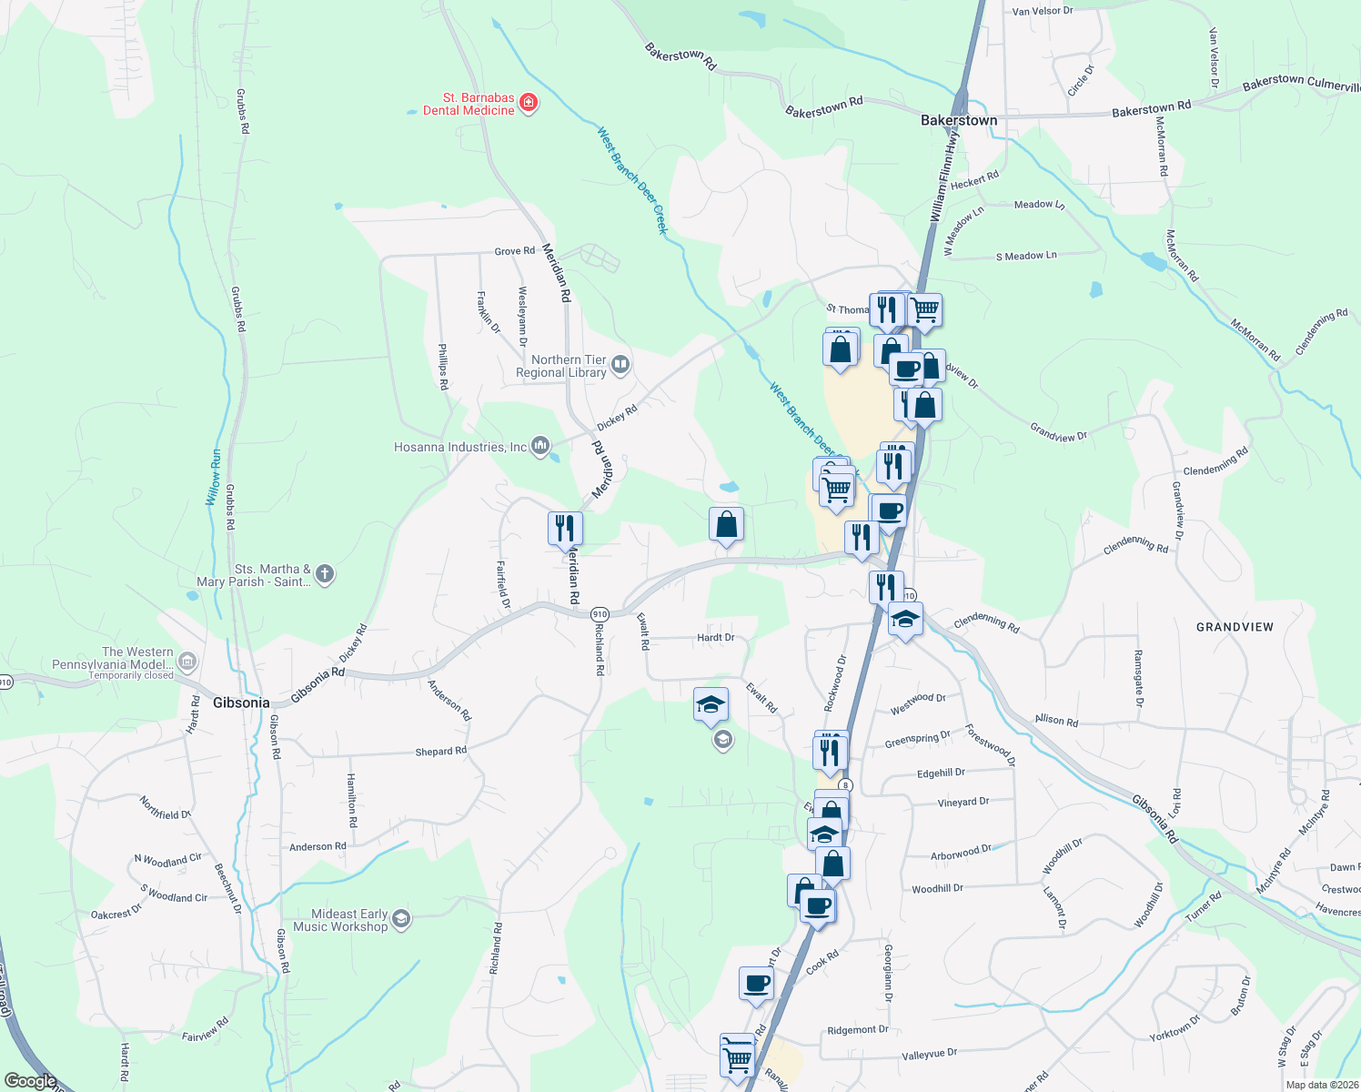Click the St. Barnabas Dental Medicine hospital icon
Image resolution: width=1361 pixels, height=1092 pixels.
pos(528,103)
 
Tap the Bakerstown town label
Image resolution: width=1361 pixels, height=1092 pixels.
pos(959,120)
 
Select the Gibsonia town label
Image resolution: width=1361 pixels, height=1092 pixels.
pos(241,703)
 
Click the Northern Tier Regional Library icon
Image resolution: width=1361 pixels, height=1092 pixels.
pos(620,366)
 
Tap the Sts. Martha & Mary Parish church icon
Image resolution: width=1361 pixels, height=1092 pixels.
pos(325,574)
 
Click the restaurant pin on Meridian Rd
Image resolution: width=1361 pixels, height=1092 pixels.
pos(565,529)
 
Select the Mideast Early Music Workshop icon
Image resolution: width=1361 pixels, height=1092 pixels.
pos(401,919)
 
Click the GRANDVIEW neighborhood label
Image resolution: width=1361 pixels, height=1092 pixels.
pos(1235,627)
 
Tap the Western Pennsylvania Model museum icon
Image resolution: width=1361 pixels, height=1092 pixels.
pos(187,661)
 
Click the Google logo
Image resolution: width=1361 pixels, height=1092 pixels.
pos(30,1081)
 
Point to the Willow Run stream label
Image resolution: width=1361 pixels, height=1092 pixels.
pos(213,478)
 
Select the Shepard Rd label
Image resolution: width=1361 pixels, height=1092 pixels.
pos(440,752)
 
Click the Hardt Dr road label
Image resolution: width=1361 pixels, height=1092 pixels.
pos(715,638)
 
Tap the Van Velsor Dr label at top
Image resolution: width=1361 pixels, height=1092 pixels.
pos(1043,11)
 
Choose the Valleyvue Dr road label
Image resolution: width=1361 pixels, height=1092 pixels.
pos(929,1054)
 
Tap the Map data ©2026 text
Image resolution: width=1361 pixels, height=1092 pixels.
pos(1322,1085)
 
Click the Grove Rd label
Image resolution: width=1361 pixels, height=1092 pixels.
pos(514,251)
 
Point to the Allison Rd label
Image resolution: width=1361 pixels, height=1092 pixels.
pos(1056,720)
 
